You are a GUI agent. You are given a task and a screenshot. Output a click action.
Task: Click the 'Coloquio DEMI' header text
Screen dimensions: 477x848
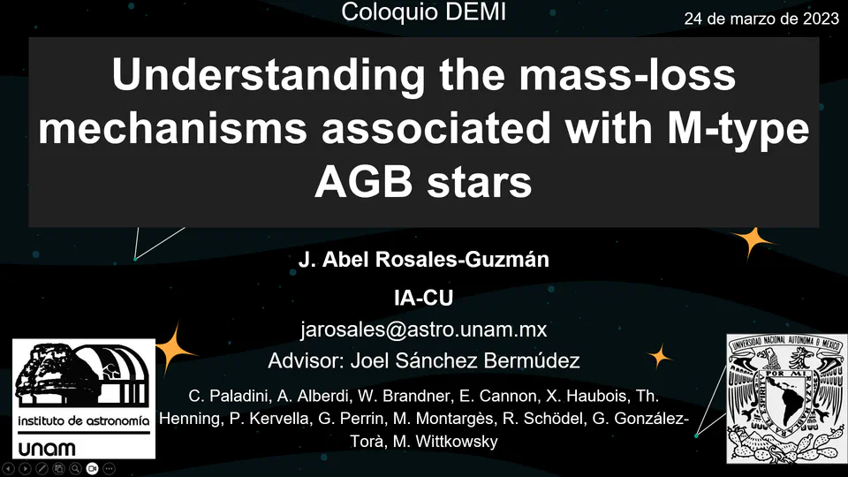click(424, 12)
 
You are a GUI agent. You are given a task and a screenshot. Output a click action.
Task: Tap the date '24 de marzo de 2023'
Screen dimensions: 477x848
click(761, 19)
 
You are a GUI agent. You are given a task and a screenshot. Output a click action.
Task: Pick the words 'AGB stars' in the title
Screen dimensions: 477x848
click(423, 184)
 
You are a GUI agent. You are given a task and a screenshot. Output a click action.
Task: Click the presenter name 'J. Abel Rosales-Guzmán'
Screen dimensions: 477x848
click(423, 260)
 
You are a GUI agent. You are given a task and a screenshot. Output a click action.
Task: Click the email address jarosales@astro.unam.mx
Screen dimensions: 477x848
click(423, 329)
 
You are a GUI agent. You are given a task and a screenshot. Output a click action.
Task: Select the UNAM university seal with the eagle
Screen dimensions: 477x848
click(786, 397)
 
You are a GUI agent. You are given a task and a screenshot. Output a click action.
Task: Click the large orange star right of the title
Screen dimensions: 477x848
click(753, 241)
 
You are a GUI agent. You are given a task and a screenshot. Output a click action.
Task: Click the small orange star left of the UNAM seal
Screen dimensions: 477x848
click(659, 356)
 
